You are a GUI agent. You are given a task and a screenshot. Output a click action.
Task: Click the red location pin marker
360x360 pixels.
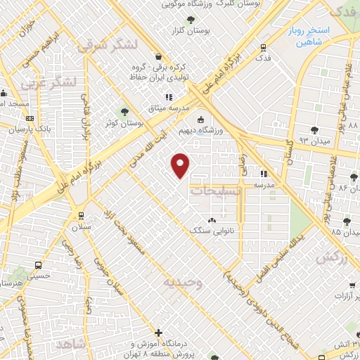click(x=181, y=165)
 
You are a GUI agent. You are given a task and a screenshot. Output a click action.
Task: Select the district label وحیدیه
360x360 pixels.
click(x=183, y=282)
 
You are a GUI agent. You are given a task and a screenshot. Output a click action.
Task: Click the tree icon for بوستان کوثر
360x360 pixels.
click(x=124, y=111)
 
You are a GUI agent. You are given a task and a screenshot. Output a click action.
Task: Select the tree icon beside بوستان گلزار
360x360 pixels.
click(x=174, y=30)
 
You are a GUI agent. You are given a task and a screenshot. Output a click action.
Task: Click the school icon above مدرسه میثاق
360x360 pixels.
click(x=168, y=97)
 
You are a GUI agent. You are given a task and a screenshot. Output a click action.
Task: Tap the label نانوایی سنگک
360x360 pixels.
click(x=212, y=230)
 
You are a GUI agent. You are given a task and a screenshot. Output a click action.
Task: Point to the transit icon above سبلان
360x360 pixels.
click(x=82, y=216)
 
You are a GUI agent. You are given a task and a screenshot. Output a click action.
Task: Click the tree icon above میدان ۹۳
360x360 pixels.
click(x=314, y=130)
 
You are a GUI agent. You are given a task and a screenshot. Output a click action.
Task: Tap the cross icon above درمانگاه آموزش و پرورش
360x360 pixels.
click(x=158, y=333)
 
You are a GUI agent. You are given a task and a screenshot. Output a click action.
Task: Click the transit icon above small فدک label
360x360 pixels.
click(x=262, y=48)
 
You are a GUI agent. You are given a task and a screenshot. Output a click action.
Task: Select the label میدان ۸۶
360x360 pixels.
click(x=343, y=188)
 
